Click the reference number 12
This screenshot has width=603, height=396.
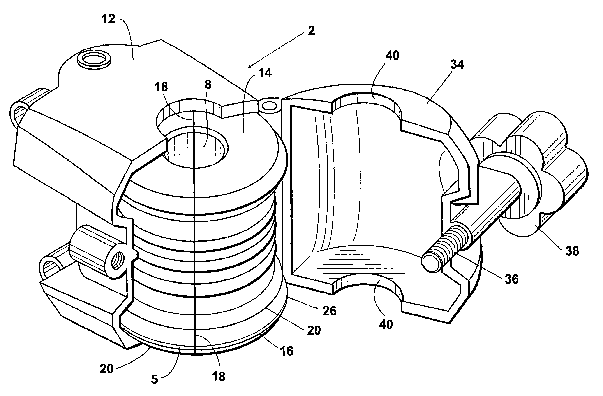(108, 19)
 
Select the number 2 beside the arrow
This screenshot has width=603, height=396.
(311, 31)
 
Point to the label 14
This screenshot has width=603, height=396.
(265, 73)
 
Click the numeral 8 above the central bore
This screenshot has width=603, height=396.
(208, 84)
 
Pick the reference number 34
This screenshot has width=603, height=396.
(457, 65)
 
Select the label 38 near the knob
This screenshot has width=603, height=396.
(572, 251)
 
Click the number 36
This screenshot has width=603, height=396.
(511, 279)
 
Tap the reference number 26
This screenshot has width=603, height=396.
(329, 311)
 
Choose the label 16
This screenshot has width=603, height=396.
(287, 351)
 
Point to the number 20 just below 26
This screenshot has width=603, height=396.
(314, 330)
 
